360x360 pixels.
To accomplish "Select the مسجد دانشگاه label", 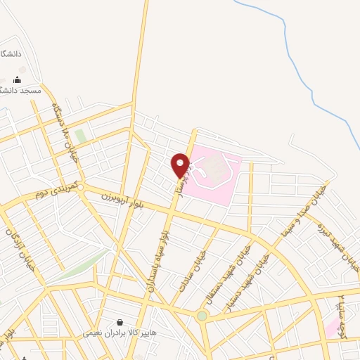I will tap(21, 91).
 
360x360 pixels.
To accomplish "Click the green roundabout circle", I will tap(202, 316).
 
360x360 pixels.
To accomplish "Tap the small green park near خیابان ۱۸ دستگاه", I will tap(81, 135).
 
